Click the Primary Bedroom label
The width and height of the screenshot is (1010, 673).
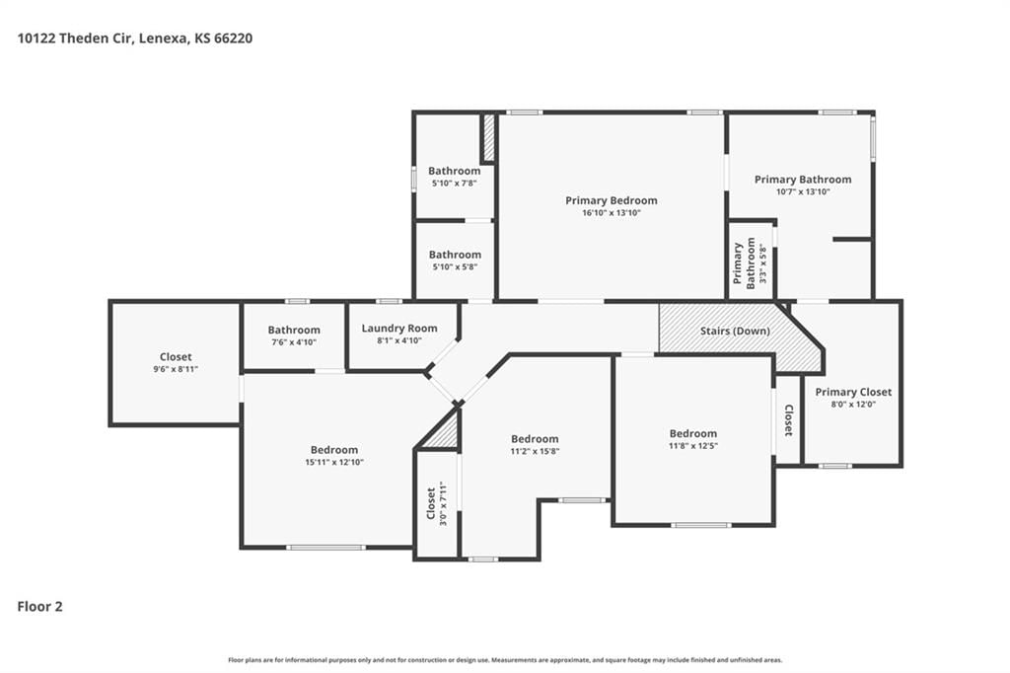point(612,200)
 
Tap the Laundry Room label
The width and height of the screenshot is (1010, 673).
point(399,329)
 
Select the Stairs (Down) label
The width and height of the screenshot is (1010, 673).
point(735,331)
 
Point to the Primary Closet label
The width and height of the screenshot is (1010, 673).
point(853,392)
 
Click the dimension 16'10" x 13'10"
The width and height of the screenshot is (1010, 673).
point(612,213)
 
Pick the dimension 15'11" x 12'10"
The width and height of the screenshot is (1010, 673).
point(334,462)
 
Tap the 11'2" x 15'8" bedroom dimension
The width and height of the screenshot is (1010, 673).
point(535,451)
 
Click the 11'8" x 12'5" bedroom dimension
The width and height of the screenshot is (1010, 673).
point(693,445)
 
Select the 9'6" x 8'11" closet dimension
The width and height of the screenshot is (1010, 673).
point(176,369)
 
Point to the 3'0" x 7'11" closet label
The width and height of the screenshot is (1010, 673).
point(436,503)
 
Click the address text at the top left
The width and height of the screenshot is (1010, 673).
point(134,38)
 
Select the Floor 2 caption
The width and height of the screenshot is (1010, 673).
point(39,607)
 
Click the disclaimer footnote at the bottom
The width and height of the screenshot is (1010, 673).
point(505,660)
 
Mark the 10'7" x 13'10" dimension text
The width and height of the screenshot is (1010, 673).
point(803,191)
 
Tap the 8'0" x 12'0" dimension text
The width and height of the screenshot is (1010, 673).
point(853,405)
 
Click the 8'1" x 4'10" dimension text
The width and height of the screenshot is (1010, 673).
point(399,341)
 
